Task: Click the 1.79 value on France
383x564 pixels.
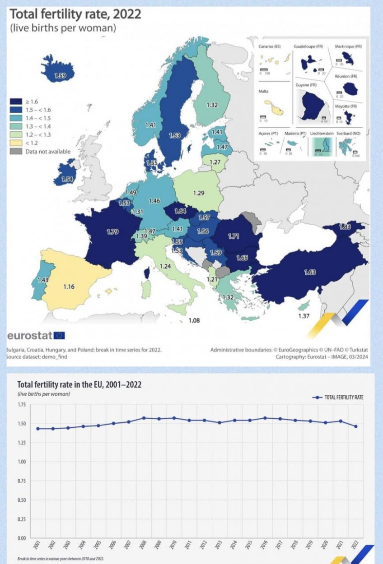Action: point(112,232)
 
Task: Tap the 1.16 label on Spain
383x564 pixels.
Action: point(69,287)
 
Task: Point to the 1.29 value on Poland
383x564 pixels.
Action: point(199,193)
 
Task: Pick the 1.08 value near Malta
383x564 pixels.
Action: point(194,320)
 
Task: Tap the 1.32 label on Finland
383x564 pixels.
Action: point(212,105)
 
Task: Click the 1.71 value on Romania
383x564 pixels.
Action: point(234,236)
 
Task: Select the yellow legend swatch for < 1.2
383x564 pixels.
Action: point(16,143)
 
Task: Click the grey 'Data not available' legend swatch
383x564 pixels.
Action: point(16,151)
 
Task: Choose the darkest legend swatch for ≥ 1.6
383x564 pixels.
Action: point(16,102)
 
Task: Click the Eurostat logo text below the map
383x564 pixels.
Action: point(30,335)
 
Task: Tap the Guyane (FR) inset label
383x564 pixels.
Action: point(306,85)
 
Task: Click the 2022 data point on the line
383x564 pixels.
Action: point(356,426)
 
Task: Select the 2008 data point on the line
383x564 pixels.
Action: point(144,418)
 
